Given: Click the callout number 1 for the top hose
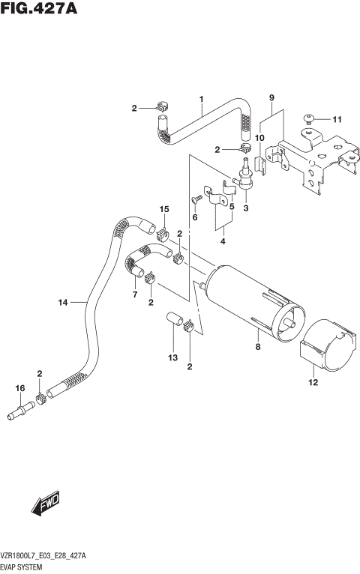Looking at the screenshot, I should pyautogui.click(x=202, y=99).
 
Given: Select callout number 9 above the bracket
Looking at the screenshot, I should pyautogui.click(x=271, y=98).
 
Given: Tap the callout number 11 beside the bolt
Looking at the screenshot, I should pyautogui.click(x=337, y=119).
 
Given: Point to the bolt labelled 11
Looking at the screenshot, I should pyautogui.click(x=309, y=118).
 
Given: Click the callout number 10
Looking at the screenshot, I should pyautogui.click(x=259, y=138).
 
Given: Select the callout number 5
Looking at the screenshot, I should pyautogui.click(x=232, y=207).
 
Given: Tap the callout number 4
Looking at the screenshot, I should pyautogui.click(x=223, y=241).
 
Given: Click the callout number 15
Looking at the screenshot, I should pyautogui.click(x=163, y=208).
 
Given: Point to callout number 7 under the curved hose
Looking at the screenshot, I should pyautogui.click(x=136, y=294).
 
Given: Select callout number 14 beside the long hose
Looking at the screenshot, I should pyautogui.click(x=63, y=302).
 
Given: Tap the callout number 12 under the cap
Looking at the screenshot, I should pyautogui.click(x=313, y=383).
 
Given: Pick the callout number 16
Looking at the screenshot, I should pyautogui.click(x=19, y=389).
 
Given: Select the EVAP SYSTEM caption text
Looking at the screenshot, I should pyautogui.click(x=25, y=568).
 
